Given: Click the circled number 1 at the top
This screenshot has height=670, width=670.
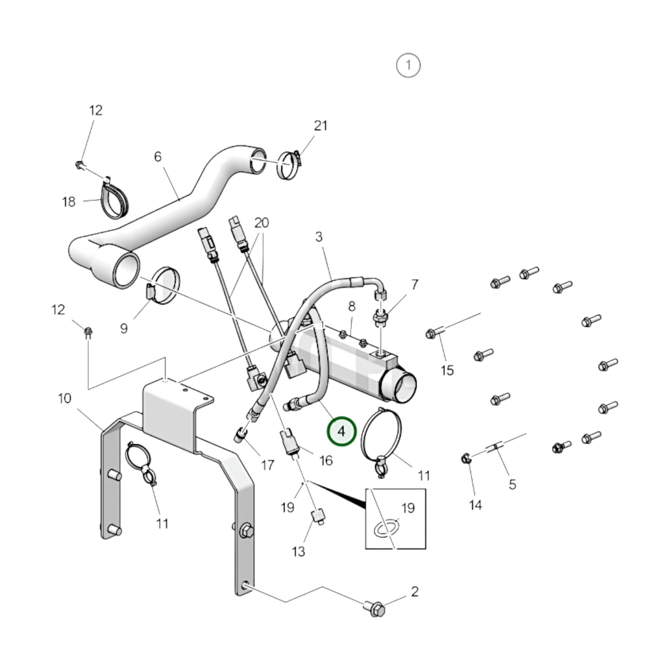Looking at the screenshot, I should click(x=408, y=65).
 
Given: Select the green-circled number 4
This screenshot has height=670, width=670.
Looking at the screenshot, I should click(x=341, y=432).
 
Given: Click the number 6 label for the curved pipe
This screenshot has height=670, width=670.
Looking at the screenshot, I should click(x=158, y=157).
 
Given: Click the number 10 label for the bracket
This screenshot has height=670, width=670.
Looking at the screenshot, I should click(x=64, y=398).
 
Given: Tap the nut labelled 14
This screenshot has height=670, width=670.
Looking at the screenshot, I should click(x=466, y=459).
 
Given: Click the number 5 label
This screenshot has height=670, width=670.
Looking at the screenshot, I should click(x=512, y=485).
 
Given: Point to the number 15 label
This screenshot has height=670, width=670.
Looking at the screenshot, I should click(x=447, y=370).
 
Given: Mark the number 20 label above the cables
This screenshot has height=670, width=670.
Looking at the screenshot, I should click(x=262, y=223).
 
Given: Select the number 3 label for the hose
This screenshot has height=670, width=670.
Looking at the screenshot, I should click(x=319, y=237).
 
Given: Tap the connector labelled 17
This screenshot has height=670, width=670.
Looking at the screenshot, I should click(x=241, y=435).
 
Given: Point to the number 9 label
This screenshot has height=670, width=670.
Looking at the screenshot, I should click(x=123, y=328).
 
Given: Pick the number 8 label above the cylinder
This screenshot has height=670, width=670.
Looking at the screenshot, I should click(x=352, y=306).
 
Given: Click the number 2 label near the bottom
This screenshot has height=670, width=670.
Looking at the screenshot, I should click(x=415, y=591).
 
